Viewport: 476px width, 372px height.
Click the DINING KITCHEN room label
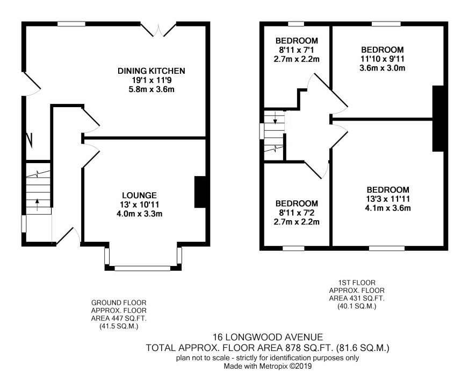click(151, 71)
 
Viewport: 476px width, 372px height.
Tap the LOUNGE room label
click(139, 195)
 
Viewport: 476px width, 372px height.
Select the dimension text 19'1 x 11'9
click(151, 80)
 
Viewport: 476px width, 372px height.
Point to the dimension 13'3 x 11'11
click(388, 199)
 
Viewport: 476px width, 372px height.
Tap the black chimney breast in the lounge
click(200, 192)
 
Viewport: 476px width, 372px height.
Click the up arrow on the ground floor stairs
click(38, 205)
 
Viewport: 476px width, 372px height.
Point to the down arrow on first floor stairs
click(275, 118)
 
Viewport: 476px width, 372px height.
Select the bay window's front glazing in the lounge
click(142, 268)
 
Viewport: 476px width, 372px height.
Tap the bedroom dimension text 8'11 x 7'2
click(296, 213)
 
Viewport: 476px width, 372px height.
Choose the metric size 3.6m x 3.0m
click(382, 68)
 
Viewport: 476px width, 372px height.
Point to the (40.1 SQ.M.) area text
click(357, 306)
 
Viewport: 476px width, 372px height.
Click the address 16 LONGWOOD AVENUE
click(268, 337)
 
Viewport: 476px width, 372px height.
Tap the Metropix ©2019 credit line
click(268, 366)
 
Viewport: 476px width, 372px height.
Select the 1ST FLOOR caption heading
click(357, 283)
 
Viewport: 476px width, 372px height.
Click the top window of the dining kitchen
click(71, 24)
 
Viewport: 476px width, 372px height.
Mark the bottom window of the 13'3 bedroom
click(387, 248)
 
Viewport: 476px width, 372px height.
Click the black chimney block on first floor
click(438, 118)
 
